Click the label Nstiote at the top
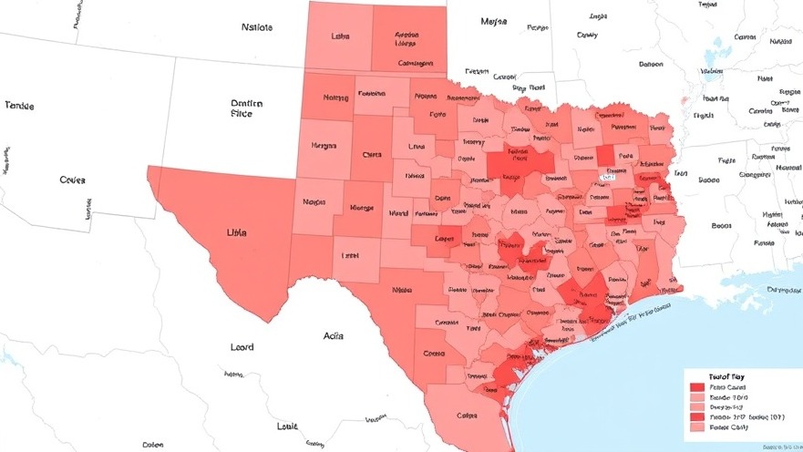pyautogui.click(x=257, y=27)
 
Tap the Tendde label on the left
pyautogui.click(x=19, y=106)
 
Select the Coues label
pyautogui.click(x=72, y=180)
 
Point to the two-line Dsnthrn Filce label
pyautogui.click(x=246, y=109)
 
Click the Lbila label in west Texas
pyautogui.click(x=236, y=232)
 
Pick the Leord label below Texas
pyautogui.click(x=242, y=347)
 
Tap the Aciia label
pyautogui.click(x=334, y=335)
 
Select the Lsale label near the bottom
pyautogui.click(x=287, y=426)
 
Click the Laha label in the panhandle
pyautogui.click(x=340, y=37)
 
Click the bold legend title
pyautogui.click(x=726, y=375)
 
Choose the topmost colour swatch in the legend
pyautogui.click(x=698, y=387)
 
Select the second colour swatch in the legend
pyautogui.click(x=698, y=397)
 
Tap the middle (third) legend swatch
pyautogui.click(x=698, y=407)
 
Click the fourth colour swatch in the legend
pyautogui.click(x=698, y=417)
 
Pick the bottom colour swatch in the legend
pyautogui.click(x=698, y=427)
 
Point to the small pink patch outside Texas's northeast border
pyautogui.click(x=685, y=99)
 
